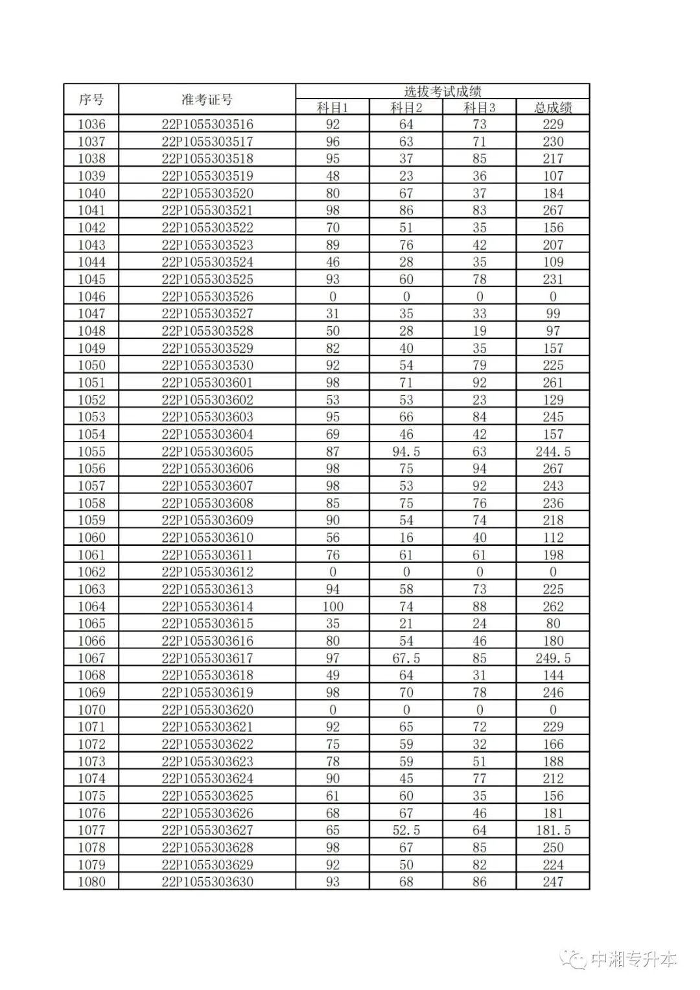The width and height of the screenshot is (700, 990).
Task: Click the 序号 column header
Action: tap(91, 100)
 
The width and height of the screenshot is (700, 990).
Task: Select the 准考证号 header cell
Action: tap(207, 100)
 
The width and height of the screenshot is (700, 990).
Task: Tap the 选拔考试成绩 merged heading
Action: tap(442, 91)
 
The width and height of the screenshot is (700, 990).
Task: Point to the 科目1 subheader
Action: tap(332, 108)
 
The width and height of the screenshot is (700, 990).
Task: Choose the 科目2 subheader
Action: tap(406, 108)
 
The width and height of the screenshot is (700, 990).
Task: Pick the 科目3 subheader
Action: tap(479, 108)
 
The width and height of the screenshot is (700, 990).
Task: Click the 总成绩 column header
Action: tap(553, 108)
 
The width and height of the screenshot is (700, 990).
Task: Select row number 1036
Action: tap(91, 124)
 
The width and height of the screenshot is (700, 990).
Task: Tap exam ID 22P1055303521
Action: tap(207, 210)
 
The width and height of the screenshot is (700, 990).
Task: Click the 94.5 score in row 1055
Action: tap(406, 451)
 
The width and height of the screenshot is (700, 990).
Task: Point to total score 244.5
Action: tap(553, 451)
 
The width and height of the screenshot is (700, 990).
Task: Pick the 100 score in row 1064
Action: tap(332, 606)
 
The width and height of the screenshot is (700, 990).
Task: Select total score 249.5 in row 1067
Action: tap(553, 658)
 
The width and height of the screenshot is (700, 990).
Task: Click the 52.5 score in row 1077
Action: tap(406, 830)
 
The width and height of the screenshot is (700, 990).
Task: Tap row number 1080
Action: tap(91, 882)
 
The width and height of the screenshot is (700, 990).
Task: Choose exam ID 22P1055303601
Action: tap(207, 383)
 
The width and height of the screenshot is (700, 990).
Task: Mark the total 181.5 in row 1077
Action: tap(553, 830)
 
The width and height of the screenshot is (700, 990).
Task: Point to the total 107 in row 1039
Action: tap(553, 176)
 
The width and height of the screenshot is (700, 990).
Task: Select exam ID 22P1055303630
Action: tap(207, 882)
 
